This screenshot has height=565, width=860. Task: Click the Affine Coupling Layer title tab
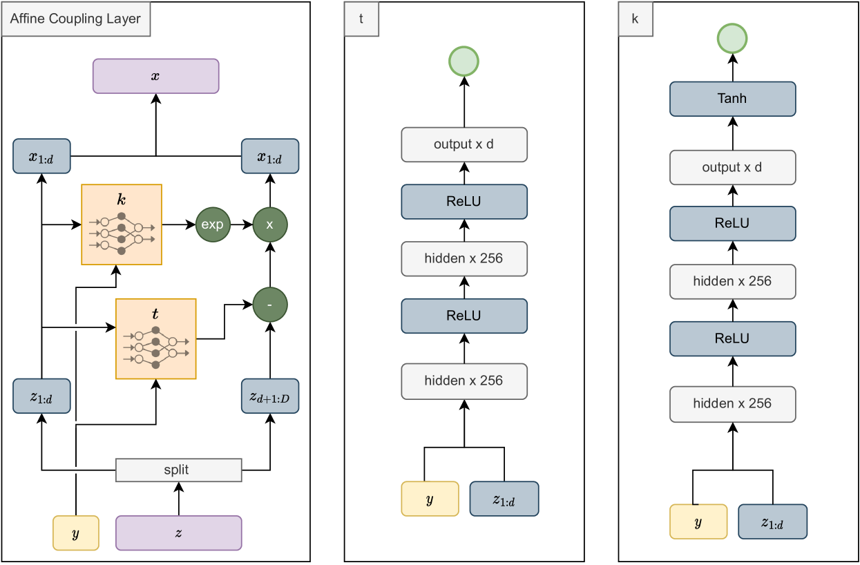(76, 19)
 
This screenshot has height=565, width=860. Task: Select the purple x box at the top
(155, 76)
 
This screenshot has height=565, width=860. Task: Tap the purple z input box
(179, 533)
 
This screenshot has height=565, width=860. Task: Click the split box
(179, 470)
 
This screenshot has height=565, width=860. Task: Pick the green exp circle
(213, 224)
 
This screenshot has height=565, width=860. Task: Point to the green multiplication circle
(270, 224)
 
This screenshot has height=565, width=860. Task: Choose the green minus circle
(270, 305)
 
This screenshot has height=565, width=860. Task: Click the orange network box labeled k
(122, 224)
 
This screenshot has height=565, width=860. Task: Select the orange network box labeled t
(156, 338)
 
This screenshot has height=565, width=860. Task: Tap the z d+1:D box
(270, 396)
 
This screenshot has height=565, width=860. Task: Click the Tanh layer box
(732, 99)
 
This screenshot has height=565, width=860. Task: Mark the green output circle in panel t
(464, 61)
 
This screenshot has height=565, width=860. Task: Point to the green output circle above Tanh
(732, 38)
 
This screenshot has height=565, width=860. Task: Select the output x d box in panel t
(464, 144)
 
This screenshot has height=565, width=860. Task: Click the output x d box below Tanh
(732, 168)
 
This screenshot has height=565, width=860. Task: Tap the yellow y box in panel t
(430, 499)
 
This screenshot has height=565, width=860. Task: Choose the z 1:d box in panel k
(772, 521)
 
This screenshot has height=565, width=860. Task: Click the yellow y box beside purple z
(76, 533)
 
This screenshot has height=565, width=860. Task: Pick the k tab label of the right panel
(636, 19)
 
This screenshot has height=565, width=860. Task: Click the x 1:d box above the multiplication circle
(270, 156)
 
